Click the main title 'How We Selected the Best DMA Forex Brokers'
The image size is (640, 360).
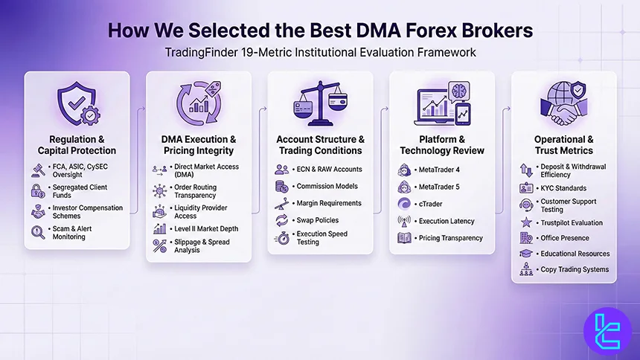click(x=319, y=30)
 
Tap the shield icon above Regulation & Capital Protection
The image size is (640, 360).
click(x=77, y=104)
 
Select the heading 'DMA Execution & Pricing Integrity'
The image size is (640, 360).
click(x=199, y=144)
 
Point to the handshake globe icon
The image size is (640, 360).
click(x=563, y=104)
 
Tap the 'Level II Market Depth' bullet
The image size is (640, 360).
click(x=203, y=229)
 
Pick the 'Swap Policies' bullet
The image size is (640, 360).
click(x=317, y=220)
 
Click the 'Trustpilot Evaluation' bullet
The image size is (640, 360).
click(x=572, y=222)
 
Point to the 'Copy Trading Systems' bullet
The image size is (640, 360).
click(x=574, y=269)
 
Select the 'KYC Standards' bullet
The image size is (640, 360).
click(x=563, y=188)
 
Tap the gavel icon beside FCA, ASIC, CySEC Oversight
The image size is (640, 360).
click(x=37, y=170)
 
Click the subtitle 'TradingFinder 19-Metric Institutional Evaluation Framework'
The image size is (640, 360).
click(x=320, y=53)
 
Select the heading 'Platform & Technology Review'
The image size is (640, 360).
click(x=441, y=145)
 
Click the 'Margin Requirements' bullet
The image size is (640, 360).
click(x=328, y=203)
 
